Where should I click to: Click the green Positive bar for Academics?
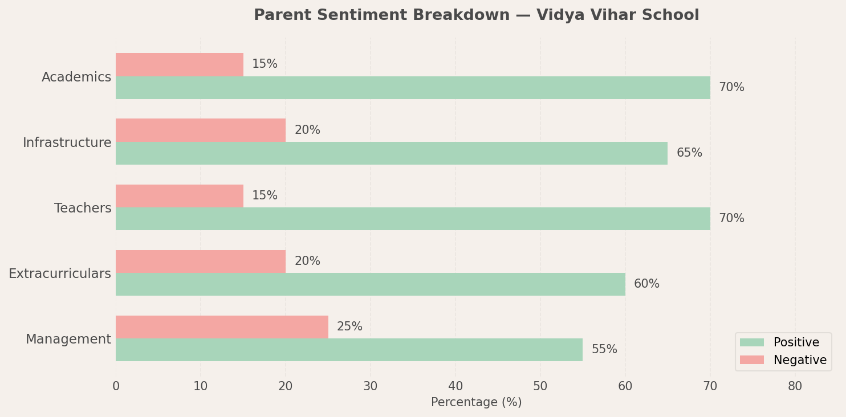click(x=413, y=88)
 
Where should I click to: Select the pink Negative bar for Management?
click(x=222, y=327)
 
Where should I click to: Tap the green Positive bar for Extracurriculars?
click(x=371, y=284)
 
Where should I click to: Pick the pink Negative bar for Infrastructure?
click(x=201, y=130)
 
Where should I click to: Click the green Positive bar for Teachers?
click(x=413, y=219)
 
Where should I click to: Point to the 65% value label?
click(x=689, y=153)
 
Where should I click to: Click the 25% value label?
click(x=349, y=327)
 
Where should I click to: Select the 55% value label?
click(x=604, y=350)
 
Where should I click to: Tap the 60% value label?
click(x=646, y=284)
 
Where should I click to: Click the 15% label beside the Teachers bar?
click(x=265, y=196)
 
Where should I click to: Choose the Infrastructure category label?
click(x=67, y=143)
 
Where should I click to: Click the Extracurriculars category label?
click(x=60, y=274)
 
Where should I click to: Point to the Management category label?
click(x=68, y=340)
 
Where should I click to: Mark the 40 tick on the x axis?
click(x=455, y=386)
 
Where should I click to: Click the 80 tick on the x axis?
click(x=795, y=386)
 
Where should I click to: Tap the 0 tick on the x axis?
click(x=116, y=386)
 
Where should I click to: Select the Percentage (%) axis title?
click(x=476, y=403)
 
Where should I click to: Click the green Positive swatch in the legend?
click(x=751, y=342)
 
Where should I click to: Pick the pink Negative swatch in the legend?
click(x=751, y=360)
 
